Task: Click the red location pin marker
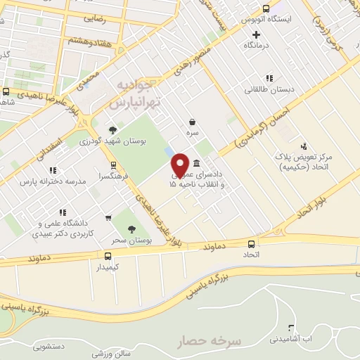point(180,165)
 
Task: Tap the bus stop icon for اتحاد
point(251,243)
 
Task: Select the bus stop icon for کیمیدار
point(108,256)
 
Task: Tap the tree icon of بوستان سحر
point(131,228)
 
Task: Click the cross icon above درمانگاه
point(257,34)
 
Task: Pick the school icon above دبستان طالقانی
point(268,78)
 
